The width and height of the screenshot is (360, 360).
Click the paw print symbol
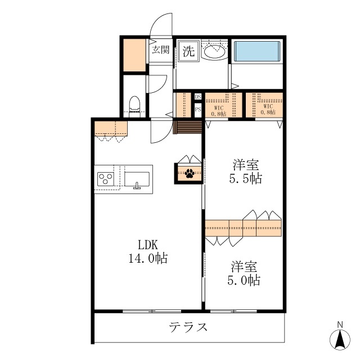(190, 174)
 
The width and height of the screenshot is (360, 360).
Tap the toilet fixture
(134, 106)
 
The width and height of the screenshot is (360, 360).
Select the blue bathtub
(257, 51)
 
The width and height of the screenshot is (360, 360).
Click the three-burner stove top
(106, 179)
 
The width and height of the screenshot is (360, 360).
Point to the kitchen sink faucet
(137, 186)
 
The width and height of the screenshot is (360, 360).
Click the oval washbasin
(214, 52)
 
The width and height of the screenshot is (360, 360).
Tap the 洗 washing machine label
(188, 51)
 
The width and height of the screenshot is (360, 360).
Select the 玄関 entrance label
(161, 49)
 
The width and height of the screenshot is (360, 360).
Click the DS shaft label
(198, 97)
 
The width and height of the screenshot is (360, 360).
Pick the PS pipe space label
(198, 109)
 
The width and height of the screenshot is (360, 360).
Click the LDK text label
(148, 245)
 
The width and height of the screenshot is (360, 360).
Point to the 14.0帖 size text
(148, 258)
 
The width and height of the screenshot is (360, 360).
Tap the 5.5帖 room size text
(246, 178)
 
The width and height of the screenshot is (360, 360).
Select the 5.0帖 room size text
(244, 280)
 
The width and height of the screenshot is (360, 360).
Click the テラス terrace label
(188, 327)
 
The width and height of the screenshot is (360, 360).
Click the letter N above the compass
(340, 325)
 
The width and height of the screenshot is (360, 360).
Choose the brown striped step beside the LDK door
(187, 128)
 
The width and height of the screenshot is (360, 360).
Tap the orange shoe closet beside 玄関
(134, 55)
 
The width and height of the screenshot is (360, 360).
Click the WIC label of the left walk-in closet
(219, 108)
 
